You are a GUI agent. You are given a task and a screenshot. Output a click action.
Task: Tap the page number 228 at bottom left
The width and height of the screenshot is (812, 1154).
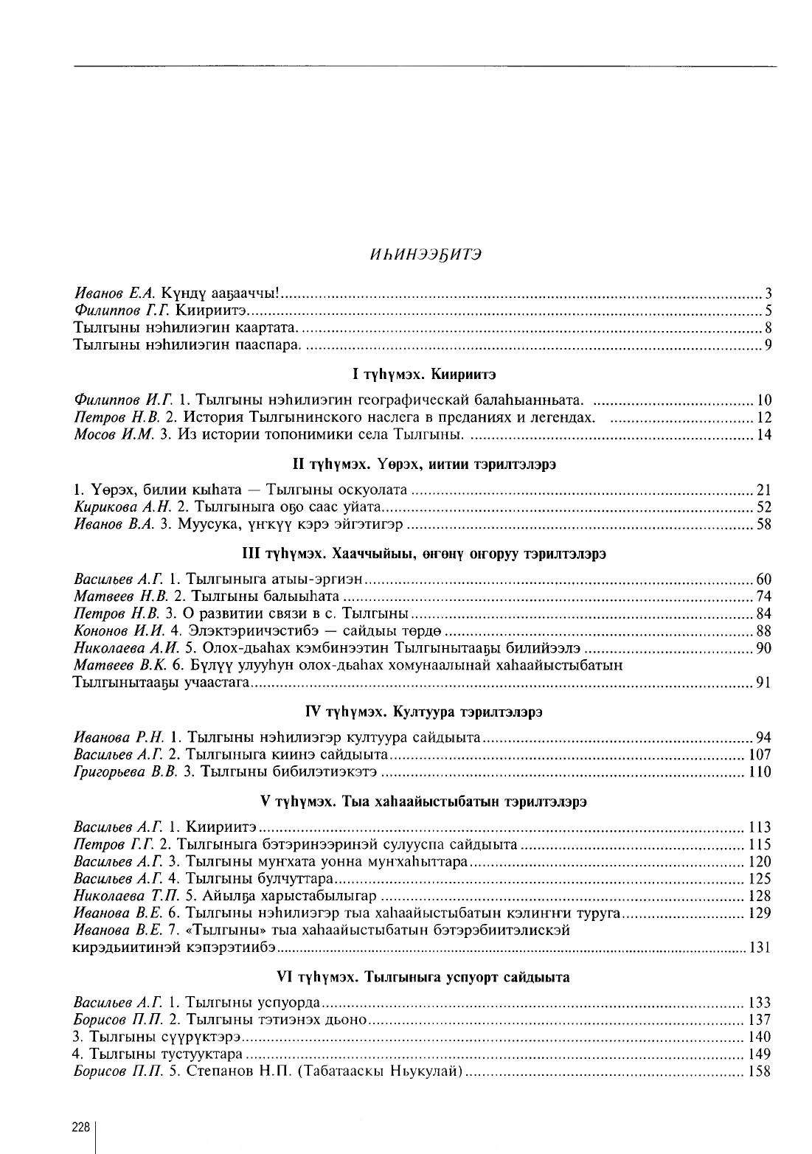point(80,1127)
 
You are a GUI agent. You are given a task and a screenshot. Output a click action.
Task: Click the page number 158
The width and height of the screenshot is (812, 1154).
point(760,1071)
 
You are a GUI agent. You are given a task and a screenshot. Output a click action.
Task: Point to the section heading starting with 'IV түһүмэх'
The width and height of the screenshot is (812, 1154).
point(423,712)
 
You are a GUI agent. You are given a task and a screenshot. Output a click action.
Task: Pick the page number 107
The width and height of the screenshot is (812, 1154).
point(760,754)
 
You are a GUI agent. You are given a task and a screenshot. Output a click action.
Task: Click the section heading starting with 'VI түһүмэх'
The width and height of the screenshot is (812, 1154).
point(423,977)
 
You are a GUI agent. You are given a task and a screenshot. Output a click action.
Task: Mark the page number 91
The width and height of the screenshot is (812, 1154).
point(763,683)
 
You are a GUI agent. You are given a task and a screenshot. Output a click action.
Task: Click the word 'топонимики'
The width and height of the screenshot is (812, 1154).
point(299,434)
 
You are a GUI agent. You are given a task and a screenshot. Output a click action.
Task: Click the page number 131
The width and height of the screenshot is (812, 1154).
point(760,948)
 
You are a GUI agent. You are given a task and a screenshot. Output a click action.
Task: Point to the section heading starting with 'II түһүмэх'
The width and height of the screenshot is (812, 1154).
point(424,465)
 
